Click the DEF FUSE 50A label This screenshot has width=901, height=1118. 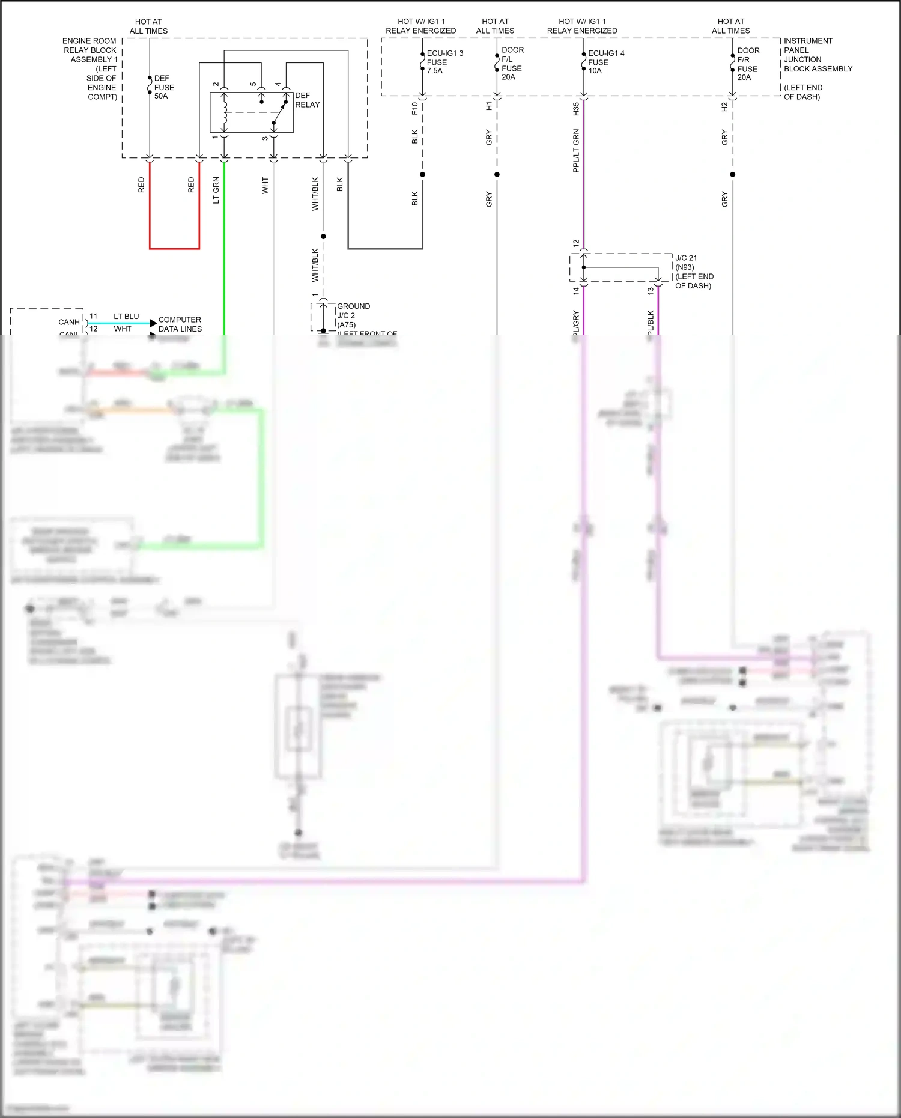163,87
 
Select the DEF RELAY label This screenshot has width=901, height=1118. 307,100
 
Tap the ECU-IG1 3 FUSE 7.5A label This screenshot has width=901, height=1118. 444,62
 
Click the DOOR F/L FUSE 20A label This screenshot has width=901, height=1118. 512,64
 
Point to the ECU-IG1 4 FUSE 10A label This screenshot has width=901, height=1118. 605,62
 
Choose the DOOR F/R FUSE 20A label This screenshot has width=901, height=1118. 748,64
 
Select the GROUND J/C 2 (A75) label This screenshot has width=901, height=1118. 353,315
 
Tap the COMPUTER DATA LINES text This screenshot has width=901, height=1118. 180,324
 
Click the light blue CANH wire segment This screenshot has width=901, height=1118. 120,323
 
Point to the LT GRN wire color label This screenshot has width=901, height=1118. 216,190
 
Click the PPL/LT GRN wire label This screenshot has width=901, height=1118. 576,151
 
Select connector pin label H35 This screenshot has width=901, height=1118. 576,109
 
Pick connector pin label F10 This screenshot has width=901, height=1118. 414,109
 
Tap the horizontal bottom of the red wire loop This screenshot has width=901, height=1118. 174,248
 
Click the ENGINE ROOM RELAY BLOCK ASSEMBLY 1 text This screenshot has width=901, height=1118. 90,68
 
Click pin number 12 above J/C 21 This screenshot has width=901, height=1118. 576,243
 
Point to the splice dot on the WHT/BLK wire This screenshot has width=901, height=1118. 323,237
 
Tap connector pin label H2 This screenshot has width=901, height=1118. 724,107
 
